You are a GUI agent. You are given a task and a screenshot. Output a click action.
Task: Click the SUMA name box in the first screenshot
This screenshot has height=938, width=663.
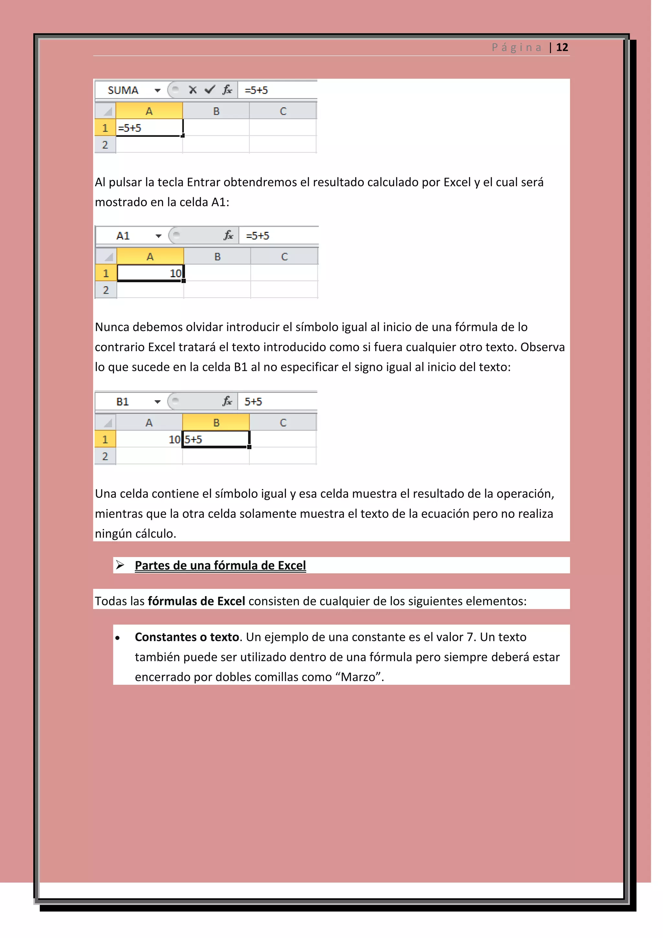pyautogui.click(x=123, y=90)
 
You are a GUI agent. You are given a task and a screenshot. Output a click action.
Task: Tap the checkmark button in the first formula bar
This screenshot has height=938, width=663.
pyautogui.click(x=210, y=89)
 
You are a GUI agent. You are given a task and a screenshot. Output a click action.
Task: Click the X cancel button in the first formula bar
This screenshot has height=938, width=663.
pyautogui.click(x=193, y=89)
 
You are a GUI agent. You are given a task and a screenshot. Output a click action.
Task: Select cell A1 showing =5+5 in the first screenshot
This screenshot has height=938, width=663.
pyautogui.click(x=149, y=128)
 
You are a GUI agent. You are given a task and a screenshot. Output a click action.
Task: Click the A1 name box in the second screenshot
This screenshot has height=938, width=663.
pyautogui.click(x=123, y=236)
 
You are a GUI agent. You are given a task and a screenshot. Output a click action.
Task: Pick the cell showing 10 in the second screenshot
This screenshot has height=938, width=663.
pyautogui.click(x=150, y=273)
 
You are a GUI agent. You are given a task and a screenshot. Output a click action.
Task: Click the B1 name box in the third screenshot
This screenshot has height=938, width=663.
pyautogui.click(x=122, y=402)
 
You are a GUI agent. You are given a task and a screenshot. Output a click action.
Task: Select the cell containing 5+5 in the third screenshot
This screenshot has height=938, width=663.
pyautogui.click(x=216, y=439)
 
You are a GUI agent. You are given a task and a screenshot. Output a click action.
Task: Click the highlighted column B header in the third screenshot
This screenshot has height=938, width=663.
pyautogui.click(x=216, y=422)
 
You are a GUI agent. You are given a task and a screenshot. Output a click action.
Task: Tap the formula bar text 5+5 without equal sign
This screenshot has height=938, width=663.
pyautogui.click(x=253, y=402)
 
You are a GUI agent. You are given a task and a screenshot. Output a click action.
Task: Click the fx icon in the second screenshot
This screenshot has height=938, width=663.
pyautogui.click(x=228, y=235)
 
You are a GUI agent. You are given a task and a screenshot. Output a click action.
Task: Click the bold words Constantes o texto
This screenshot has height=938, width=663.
pyautogui.click(x=186, y=637)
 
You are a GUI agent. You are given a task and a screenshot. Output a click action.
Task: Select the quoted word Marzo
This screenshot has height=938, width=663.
pyautogui.click(x=358, y=677)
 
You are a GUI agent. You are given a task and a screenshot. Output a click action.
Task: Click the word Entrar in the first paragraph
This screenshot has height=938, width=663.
pyautogui.click(x=203, y=182)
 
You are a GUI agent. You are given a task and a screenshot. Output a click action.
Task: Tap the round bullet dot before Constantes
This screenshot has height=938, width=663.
pyautogui.click(x=118, y=638)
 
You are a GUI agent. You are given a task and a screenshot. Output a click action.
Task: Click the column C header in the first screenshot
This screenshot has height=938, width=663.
pyautogui.click(x=283, y=111)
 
